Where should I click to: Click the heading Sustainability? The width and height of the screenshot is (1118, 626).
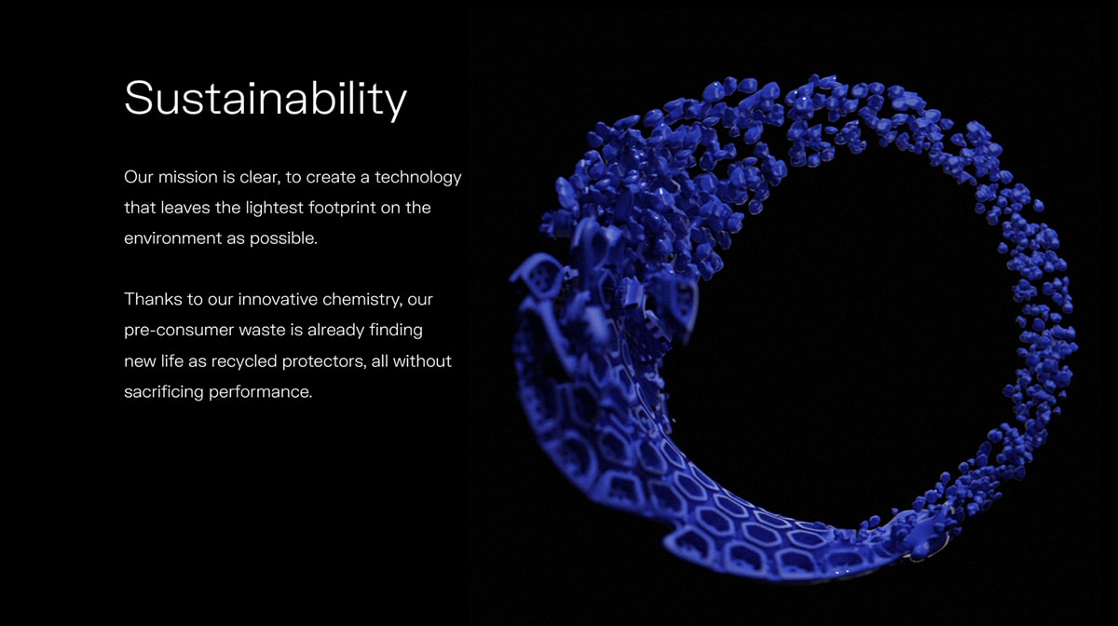point(266,99)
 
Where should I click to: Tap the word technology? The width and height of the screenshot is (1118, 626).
point(418,178)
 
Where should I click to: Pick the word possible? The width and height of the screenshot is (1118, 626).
point(283,239)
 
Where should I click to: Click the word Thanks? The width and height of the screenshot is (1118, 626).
point(153,300)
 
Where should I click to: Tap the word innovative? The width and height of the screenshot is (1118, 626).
point(278,300)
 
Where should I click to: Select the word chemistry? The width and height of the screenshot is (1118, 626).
point(362,300)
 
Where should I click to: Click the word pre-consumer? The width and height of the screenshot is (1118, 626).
point(179,331)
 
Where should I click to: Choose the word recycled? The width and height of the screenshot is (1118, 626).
point(244,361)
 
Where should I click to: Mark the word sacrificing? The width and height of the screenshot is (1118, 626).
point(164,392)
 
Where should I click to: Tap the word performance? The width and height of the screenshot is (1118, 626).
point(261,392)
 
